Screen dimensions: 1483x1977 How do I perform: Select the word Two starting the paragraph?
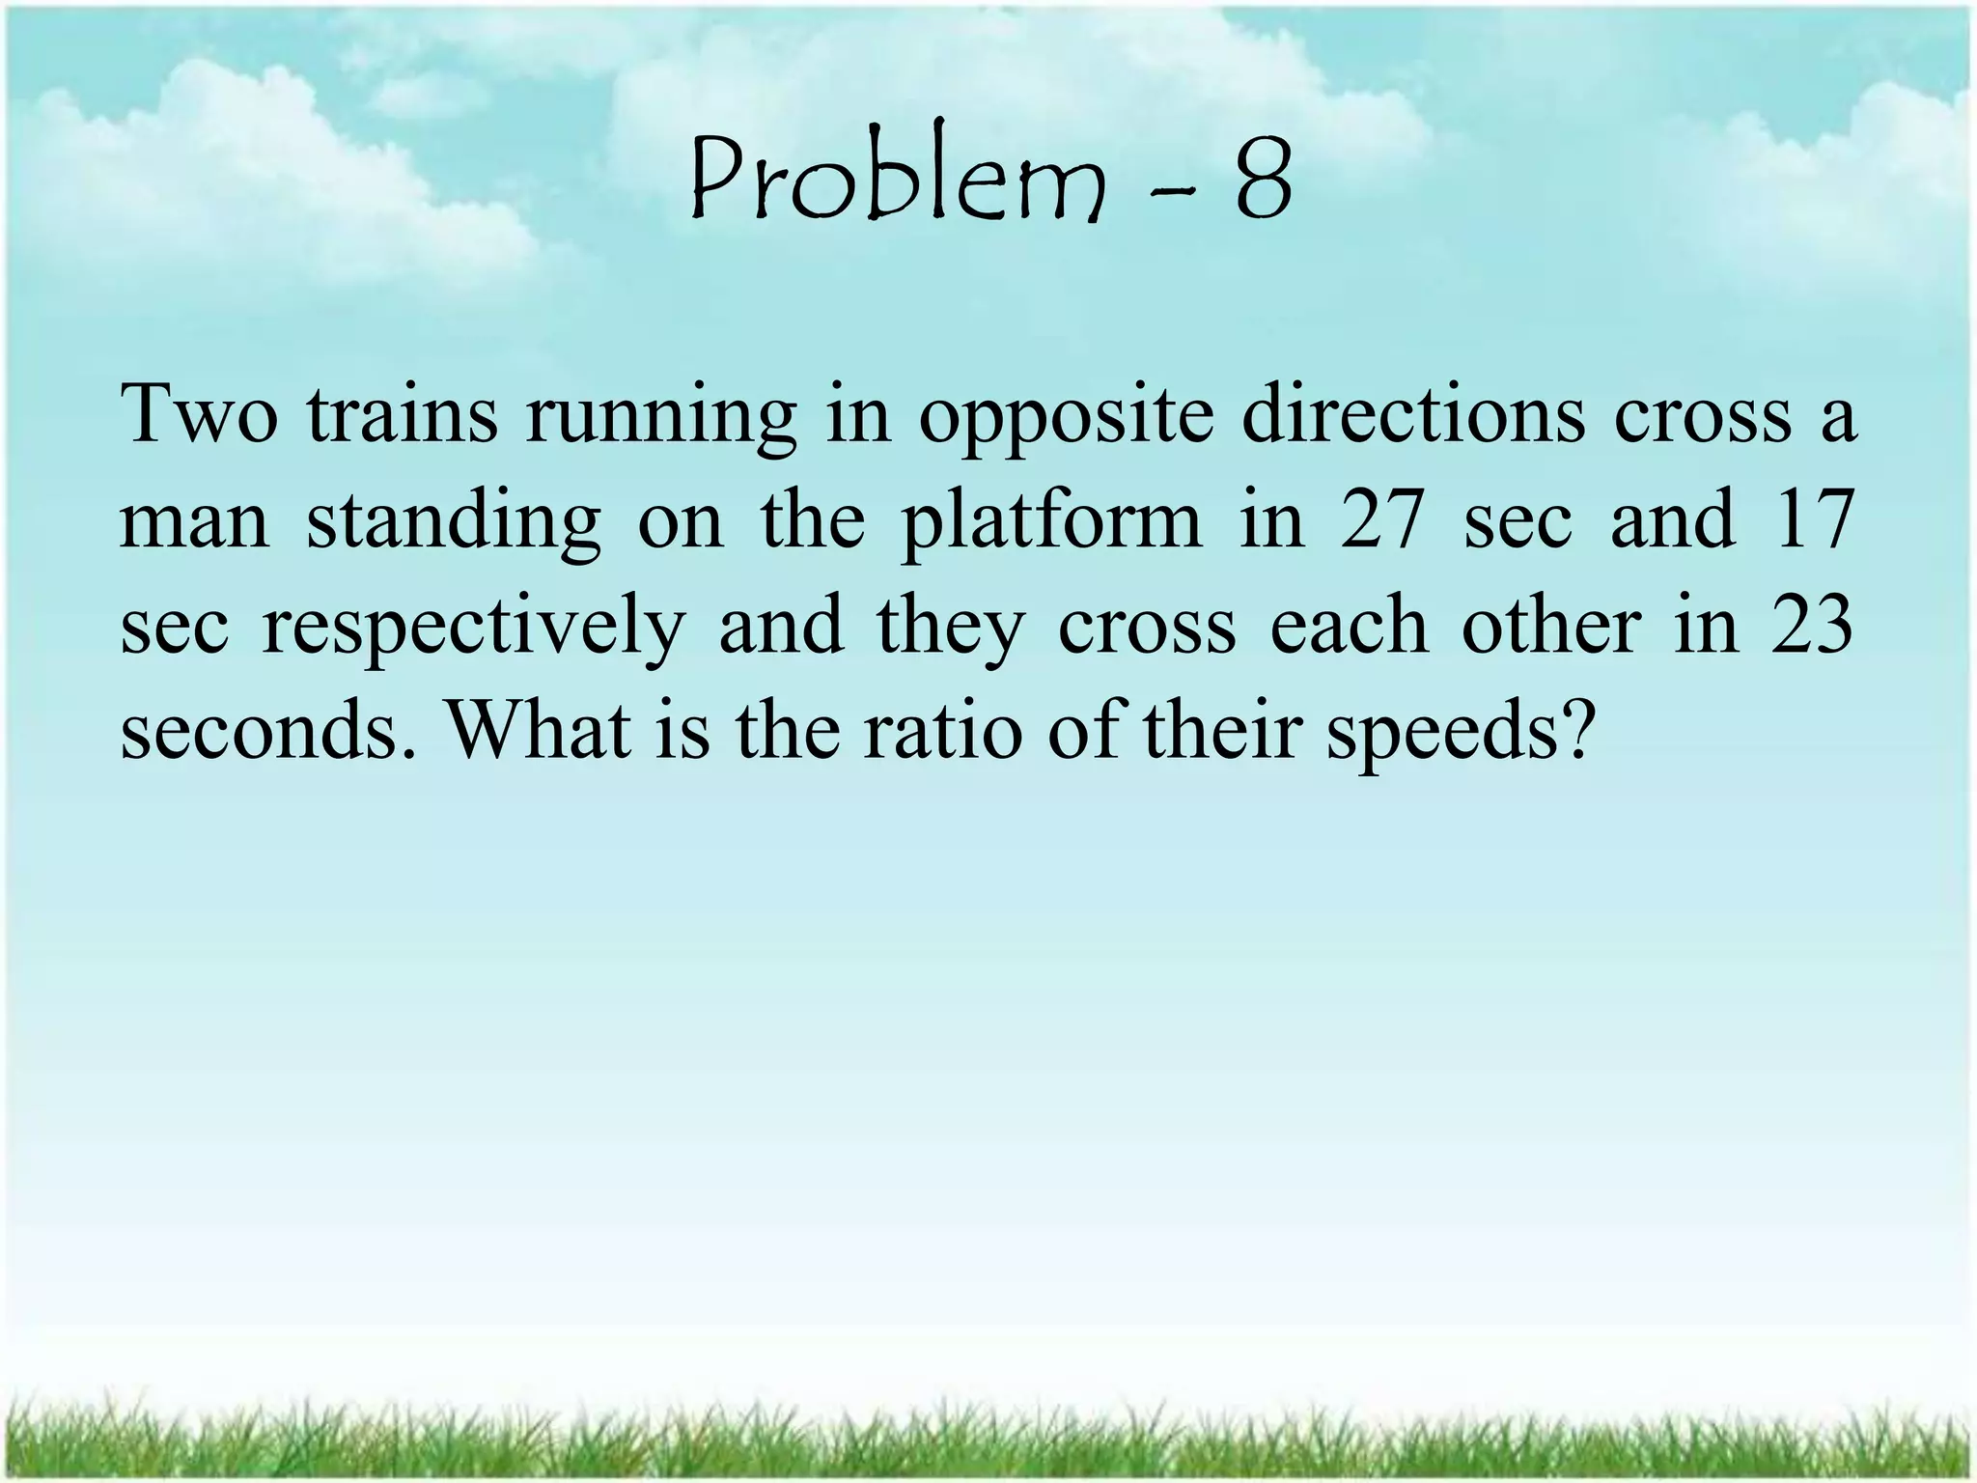[x=199, y=414]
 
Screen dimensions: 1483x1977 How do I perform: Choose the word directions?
[x=1412, y=414]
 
